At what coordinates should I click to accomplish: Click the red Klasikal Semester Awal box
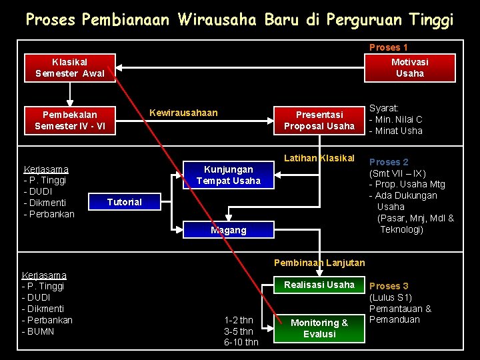(69, 67)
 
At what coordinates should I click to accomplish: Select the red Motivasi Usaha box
(409, 67)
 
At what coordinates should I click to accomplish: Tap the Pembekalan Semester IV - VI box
(69, 120)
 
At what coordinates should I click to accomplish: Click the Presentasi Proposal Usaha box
(319, 120)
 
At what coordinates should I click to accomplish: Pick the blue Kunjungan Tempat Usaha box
(228, 175)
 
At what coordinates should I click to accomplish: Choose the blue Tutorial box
(124, 202)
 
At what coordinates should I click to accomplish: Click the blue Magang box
(228, 230)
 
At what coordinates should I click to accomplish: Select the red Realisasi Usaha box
(319, 285)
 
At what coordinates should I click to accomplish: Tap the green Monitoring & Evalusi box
(319, 327)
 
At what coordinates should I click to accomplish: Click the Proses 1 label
(388, 47)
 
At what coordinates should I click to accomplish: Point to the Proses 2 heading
(389, 162)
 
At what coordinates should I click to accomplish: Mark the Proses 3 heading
(389, 286)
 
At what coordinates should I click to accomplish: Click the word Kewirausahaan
(183, 113)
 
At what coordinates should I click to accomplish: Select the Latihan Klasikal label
(319, 158)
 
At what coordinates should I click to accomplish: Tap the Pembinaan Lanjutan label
(319, 263)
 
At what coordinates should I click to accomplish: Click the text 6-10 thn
(241, 342)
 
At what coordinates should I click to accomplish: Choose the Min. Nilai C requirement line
(398, 119)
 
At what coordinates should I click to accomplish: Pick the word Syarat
(384, 108)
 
